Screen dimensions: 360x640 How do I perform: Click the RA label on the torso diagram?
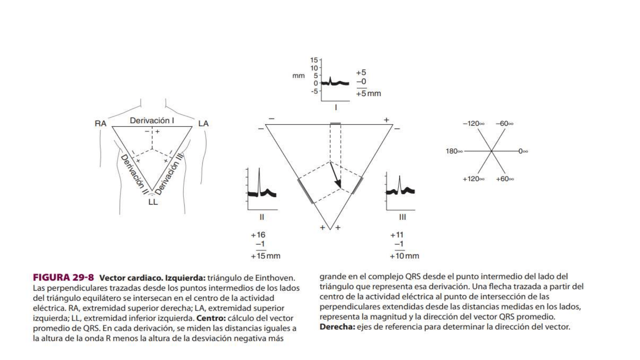pos(100,124)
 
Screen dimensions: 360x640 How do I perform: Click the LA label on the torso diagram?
pos(203,124)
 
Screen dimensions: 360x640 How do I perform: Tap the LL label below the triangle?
pos(153,202)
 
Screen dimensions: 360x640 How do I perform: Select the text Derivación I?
pos(152,120)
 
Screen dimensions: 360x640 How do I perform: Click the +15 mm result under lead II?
pos(265,256)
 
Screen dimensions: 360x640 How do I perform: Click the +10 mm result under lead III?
pos(404,256)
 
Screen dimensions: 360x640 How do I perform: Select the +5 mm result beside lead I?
pos(368,94)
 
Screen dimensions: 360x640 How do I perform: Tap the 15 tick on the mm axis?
pos(314,60)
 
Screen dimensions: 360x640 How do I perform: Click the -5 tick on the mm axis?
pos(314,91)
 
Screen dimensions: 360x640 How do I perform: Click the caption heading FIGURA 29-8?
pos(63,278)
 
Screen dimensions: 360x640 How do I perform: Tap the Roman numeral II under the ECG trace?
pos(262,217)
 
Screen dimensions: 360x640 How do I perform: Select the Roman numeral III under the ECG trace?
pos(402,217)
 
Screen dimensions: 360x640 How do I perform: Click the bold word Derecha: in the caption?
pos(337,327)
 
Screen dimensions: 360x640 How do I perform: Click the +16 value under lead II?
pos(258,235)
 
